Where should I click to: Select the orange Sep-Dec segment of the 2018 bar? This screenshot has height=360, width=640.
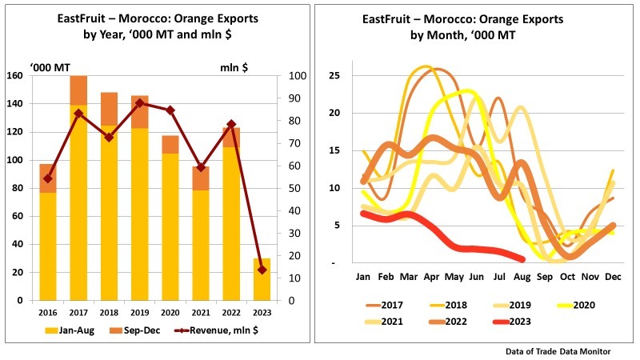tap(110, 109)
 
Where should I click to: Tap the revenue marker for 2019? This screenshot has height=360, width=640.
tap(140, 103)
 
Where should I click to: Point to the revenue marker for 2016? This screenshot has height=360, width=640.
tap(48, 178)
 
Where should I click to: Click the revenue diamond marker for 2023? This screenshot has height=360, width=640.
tap(262, 270)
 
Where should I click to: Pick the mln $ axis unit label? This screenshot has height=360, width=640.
tap(234, 68)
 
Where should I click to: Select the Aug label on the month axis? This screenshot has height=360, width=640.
tap(521, 277)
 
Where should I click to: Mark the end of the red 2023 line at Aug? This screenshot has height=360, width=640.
tap(522, 259)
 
